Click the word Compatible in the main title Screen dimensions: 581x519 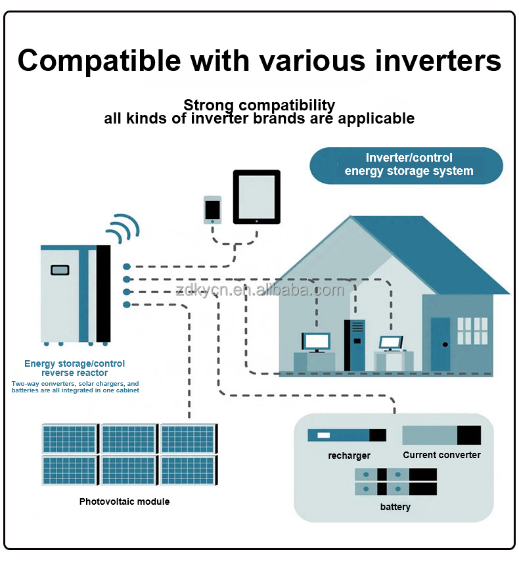click(x=99, y=60)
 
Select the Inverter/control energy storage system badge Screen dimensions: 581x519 click(x=407, y=165)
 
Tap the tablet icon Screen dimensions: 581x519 click(x=256, y=198)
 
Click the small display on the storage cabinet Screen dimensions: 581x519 click(x=60, y=269)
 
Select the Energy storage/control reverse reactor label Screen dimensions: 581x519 click(x=74, y=368)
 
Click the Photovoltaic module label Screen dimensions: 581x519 click(x=124, y=501)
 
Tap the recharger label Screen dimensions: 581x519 click(x=349, y=455)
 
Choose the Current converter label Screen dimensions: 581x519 click(x=441, y=455)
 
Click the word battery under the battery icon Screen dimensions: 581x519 click(x=395, y=507)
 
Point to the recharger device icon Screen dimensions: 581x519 click(x=347, y=435)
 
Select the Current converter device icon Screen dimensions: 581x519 click(x=441, y=435)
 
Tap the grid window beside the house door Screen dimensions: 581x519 click(x=472, y=333)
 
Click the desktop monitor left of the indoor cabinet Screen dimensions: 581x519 click(x=315, y=341)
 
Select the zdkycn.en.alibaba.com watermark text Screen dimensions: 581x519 click(x=259, y=290)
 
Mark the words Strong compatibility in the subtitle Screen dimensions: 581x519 click(x=259, y=105)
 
